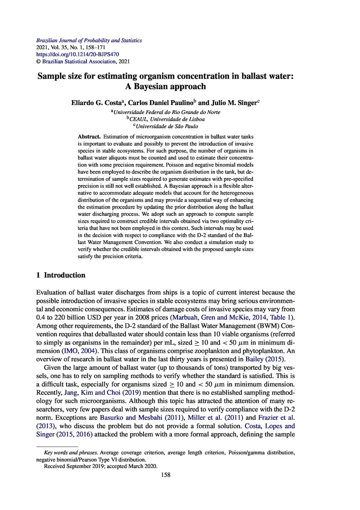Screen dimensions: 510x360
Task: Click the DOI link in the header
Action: point(77,54)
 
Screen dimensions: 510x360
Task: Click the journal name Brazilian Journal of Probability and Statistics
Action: point(89,40)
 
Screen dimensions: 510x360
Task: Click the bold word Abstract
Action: point(89,136)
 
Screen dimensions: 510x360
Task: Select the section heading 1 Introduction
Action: point(60,275)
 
